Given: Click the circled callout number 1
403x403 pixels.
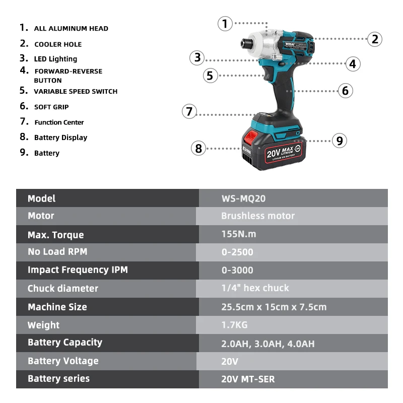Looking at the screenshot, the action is tap(225, 23).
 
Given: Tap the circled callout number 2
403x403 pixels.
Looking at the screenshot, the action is tap(374, 39).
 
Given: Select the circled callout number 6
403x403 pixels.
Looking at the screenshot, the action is tap(345, 91).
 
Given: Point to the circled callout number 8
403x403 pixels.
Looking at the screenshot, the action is tap(198, 148).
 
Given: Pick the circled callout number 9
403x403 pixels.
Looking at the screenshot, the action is tap(340, 141).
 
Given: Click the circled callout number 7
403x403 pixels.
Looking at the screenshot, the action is tap(189, 111).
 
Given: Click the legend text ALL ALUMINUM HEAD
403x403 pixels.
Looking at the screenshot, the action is tap(71, 29).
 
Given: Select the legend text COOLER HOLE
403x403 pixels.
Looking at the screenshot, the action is tap(58, 44).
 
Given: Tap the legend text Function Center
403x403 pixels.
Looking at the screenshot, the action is tap(59, 122).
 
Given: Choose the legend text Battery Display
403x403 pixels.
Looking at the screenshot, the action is tap(60, 138).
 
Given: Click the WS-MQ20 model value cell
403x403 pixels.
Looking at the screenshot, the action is tap(243, 198).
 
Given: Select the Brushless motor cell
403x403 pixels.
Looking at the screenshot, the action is tap(258, 216).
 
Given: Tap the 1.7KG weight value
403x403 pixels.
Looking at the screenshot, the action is tap(234, 325).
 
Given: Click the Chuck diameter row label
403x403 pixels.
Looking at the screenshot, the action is tap(63, 289).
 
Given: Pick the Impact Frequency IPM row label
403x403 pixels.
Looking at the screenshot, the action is tap(78, 270).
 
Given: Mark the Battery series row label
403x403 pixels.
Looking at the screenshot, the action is tap(58, 379).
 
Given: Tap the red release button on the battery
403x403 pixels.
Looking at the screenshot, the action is tap(250, 137).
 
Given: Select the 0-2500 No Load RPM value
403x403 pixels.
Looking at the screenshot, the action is tap(237, 252).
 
